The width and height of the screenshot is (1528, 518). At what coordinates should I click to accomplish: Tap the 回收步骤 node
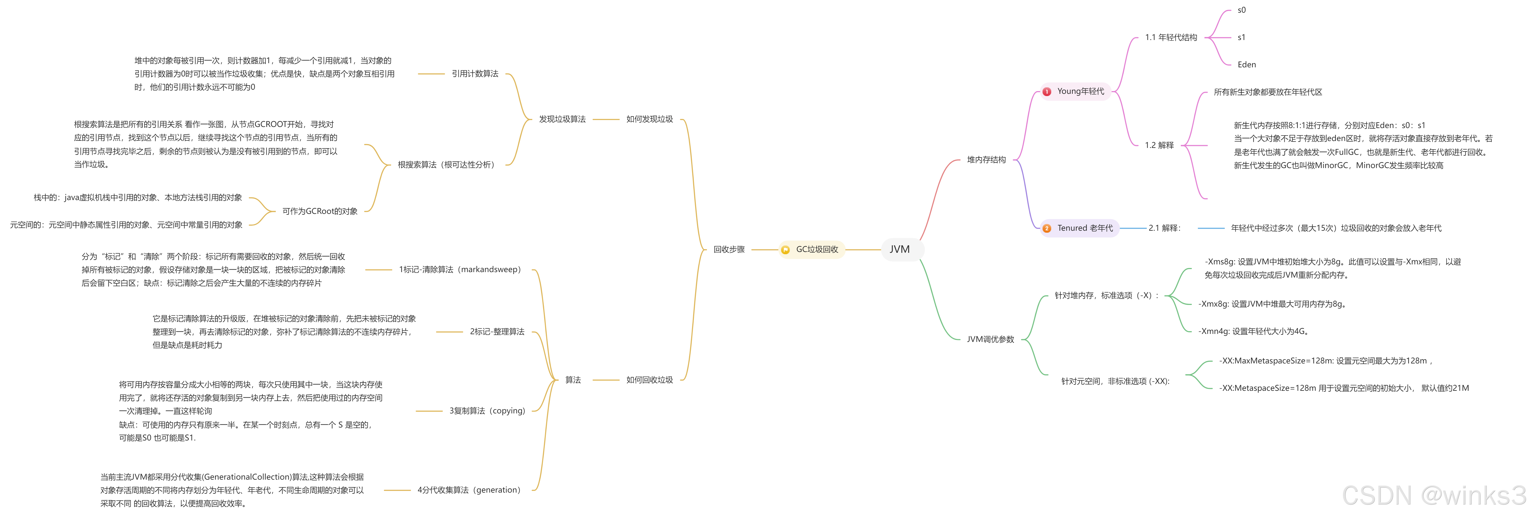pos(729,249)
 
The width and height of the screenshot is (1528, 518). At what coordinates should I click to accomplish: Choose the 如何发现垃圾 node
pos(650,119)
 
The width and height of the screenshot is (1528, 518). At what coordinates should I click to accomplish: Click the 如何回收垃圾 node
pos(650,380)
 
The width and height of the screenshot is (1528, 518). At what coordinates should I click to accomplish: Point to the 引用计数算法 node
pos(475,74)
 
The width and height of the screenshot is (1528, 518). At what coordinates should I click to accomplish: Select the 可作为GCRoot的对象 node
pos(320,211)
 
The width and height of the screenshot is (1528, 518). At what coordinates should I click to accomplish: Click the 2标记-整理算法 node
pos(497,332)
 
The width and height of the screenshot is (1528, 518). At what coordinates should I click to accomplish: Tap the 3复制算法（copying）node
pos(487,411)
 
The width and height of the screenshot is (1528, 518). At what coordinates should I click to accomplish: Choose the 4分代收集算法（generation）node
pos(469,490)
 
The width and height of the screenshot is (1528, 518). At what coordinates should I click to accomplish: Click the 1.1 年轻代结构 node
pos(1171,37)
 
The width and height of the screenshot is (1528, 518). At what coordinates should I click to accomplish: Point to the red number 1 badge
pos(1047,92)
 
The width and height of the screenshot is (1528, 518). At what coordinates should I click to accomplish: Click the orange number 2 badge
pos(1047,229)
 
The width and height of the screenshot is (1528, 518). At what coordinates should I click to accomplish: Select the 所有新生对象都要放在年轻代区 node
pos(1268,92)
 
